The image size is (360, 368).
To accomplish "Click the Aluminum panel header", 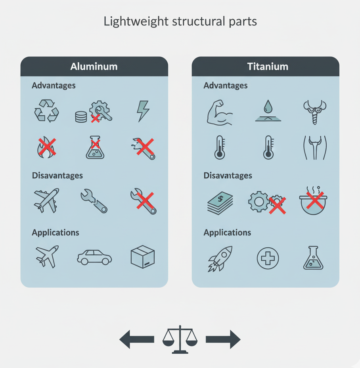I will tap(94, 66).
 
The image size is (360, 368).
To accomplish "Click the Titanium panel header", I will tap(267, 66).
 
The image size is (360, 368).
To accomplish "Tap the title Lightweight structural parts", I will tap(180, 21).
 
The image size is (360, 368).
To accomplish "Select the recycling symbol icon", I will tap(46, 111).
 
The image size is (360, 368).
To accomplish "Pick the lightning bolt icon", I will tap(143, 111).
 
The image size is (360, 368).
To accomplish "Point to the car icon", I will tap(94, 257).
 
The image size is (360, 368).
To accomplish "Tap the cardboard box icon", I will tap(143, 257).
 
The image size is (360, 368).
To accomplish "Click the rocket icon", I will tap(220, 258).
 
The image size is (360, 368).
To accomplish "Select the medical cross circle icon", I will tap(268, 258).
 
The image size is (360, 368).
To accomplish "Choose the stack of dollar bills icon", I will tap(220, 203).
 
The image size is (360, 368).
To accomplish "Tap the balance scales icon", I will tap(180, 339).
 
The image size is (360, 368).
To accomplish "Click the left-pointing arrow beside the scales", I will tap(137, 339).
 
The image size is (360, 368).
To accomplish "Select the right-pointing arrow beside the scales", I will tap(223, 339).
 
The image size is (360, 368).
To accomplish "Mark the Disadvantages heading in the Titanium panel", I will tap(228, 175).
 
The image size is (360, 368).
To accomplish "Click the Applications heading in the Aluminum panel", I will tap(56, 233).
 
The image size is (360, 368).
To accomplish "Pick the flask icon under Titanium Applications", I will tap(313, 258).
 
